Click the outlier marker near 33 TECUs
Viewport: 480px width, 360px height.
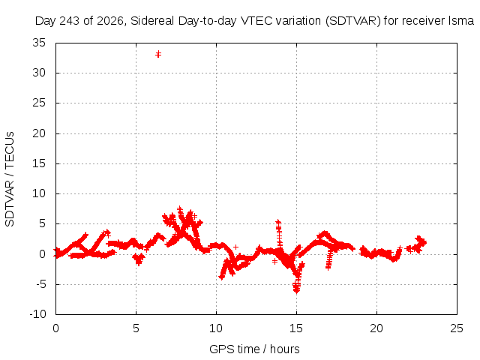pos(158,55)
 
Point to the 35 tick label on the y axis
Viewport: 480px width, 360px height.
pos(39,43)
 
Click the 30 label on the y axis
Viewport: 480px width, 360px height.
pos(39,73)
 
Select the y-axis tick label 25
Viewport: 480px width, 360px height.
pos(39,103)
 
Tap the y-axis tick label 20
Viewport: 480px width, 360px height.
pos(39,133)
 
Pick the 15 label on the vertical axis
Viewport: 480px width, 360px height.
pos(39,163)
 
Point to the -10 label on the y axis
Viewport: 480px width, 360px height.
pos(37,314)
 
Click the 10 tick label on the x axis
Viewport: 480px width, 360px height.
pos(216,328)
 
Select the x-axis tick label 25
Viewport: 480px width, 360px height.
pos(457,328)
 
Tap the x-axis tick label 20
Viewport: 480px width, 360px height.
pos(376,328)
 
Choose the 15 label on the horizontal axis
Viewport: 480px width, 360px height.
pos(296,328)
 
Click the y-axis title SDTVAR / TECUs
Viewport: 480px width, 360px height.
pos(10,179)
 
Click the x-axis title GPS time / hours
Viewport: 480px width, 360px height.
pos(254,349)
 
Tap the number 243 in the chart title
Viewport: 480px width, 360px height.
pos(70,21)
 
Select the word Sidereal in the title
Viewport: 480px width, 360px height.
pos(152,21)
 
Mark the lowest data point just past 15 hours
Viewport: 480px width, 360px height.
pos(296,290)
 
